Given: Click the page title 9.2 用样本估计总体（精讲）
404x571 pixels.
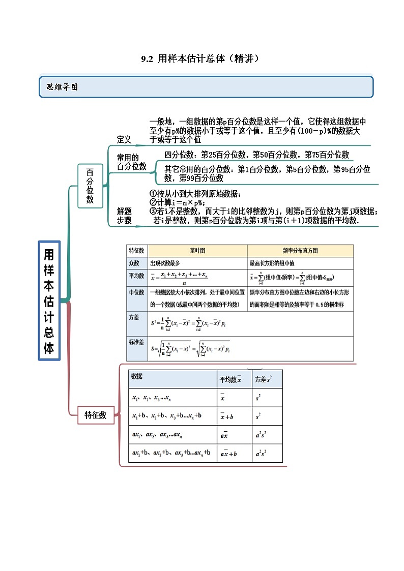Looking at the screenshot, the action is pyautogui.click(x=201, y=59).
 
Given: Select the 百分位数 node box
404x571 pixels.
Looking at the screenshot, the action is pyautogui.click(x=90, y=186).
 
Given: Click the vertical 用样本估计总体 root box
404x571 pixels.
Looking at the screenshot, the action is pyautogui.click(x=49, y=300).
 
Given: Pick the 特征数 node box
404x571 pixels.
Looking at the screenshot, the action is pyautogui.click(x=95, y=415).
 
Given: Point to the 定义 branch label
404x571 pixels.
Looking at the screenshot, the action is pyautogui.click(x=124, y=139).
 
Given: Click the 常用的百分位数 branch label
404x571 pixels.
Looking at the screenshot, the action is pyautogui.click(x=131, y=162).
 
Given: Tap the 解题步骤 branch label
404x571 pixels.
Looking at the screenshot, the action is pyautogui.click(x=124, y=216).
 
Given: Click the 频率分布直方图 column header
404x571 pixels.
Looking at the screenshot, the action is pyautogui.click(x=300, y=251).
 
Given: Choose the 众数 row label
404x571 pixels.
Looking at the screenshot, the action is pyautogui.click(x=136, y=263).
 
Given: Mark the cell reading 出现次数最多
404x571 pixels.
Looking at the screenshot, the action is pyautogui.click(x=165, y=263).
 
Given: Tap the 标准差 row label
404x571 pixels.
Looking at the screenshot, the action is pyautogui.click(x=136, y=342).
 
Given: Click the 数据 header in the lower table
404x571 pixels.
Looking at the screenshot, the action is pyautogui.click(x=137, y=377).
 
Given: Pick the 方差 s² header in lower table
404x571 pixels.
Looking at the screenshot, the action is pyautogui.click(x=263, y=379).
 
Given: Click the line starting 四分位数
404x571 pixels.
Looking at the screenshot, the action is pyautogui.click(x=257, y=155).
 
